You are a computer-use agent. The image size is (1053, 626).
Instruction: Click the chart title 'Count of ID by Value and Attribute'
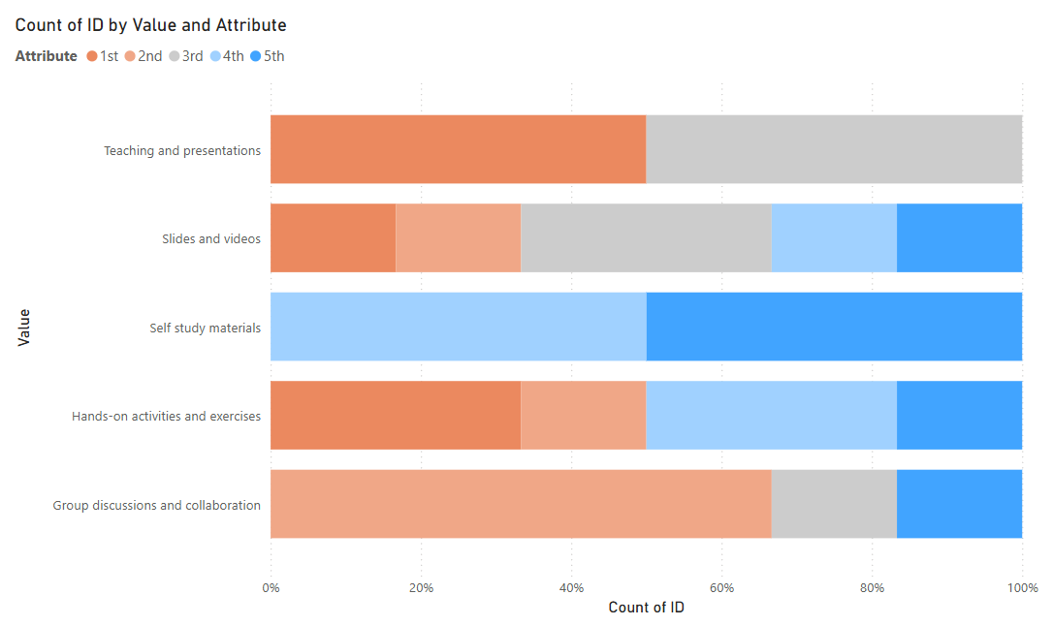point(150,25)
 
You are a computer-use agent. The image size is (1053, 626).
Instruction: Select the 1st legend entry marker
point(92,56)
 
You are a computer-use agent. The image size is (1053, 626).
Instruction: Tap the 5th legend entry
point(268,56)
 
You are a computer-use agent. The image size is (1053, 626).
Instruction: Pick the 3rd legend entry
point(186,56)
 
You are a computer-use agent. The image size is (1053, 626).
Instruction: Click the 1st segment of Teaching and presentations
point(458,149)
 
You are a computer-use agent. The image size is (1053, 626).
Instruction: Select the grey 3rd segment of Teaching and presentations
point(834,149)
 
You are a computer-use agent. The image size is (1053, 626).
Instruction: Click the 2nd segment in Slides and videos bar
point(458,238)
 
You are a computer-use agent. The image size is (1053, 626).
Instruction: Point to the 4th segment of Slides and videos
point(834,238)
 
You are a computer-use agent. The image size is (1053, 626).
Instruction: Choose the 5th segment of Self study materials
point(834,327)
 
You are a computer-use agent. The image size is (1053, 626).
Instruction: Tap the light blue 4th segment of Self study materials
point(458,327)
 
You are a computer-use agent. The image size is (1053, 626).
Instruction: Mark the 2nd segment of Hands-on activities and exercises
point(583,416)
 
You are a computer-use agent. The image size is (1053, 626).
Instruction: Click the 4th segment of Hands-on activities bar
point(771,416)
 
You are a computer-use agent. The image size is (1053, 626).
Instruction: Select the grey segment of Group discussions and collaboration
point(834,504)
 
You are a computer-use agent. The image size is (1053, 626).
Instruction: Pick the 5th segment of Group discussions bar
point(959,504)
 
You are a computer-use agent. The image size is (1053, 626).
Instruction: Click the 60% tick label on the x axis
point(722,588)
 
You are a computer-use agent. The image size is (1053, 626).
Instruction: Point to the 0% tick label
point(271,588)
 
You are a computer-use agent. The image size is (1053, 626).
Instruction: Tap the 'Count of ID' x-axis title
point(646,608)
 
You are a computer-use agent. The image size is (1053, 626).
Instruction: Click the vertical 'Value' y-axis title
point(24,328)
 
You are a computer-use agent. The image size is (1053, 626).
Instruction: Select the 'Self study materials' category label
point(205,329)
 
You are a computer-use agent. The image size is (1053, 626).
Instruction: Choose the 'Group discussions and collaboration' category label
point(156,505)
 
